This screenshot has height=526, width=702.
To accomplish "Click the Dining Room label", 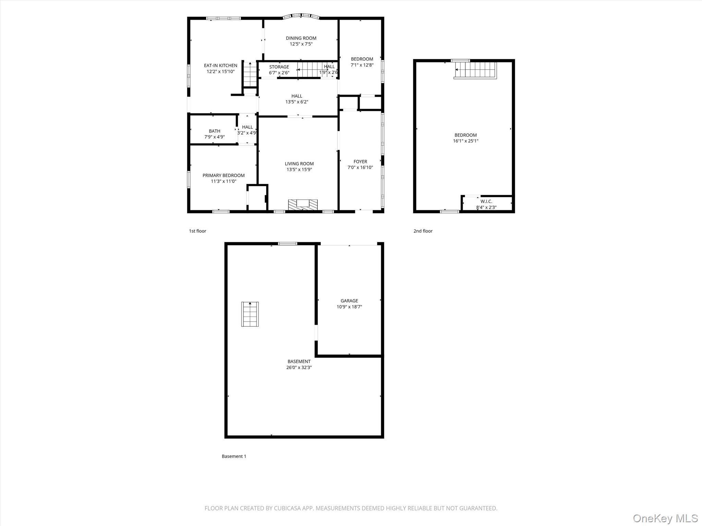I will coord(301,38).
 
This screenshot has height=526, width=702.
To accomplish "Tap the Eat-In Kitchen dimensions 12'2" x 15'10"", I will coord(220,72).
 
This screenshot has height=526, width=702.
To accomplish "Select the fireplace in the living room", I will coord(303,204).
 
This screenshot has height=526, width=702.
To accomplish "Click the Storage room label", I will coord(279,67).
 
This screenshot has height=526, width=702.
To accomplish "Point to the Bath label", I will coord(215,131).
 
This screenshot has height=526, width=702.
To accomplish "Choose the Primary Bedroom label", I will coord(223,175).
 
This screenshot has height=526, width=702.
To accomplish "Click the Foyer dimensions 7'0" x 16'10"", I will coord(360,167).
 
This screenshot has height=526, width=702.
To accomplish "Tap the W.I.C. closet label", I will coord(486,201).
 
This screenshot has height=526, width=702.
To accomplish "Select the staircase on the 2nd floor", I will coord(476,70).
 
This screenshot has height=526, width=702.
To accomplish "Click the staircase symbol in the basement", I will coord(250,314).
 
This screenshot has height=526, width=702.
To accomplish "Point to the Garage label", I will coord(349,301).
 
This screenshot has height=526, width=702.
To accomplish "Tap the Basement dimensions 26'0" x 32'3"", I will coord(299,367).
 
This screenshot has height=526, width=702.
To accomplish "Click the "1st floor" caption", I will coord(197,231).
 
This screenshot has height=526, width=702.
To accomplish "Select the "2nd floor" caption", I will coord(423,231).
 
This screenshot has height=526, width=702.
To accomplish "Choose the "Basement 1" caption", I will coord(234,456).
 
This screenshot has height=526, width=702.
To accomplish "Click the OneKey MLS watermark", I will coord(665,518).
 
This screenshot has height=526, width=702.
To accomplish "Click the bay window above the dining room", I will coord(301,16).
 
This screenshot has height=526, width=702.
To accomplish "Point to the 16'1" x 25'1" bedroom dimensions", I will coord(465,141).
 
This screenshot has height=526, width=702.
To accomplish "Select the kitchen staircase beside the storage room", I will coord(250,74).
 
